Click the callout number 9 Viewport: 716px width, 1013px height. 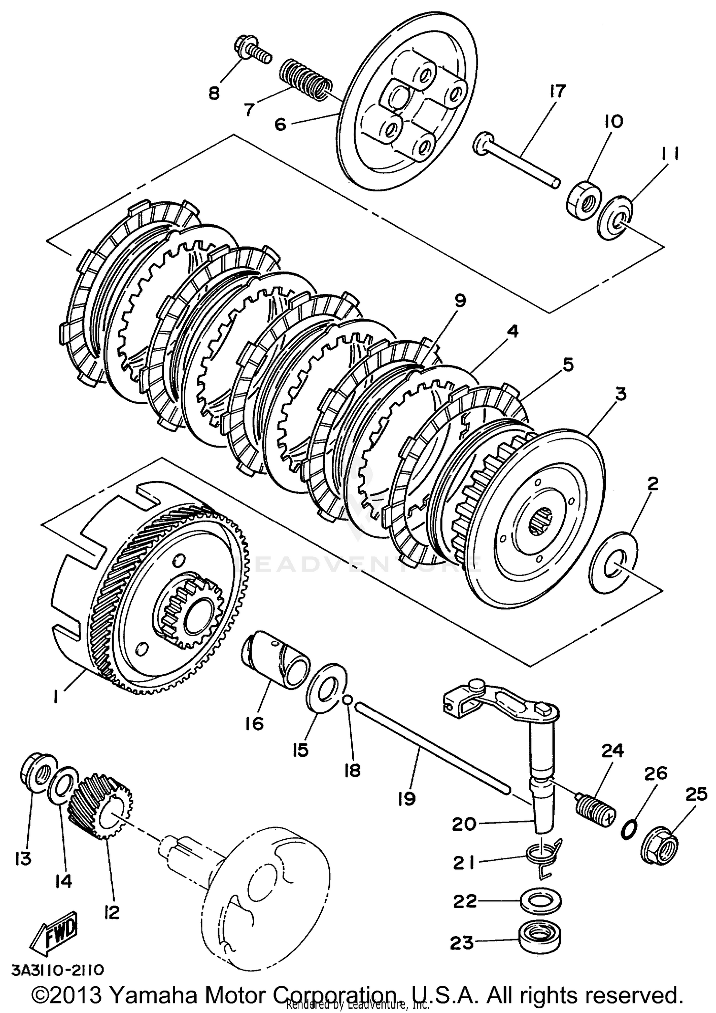[x=460, y=301]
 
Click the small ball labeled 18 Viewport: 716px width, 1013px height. [x=348, y=700]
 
